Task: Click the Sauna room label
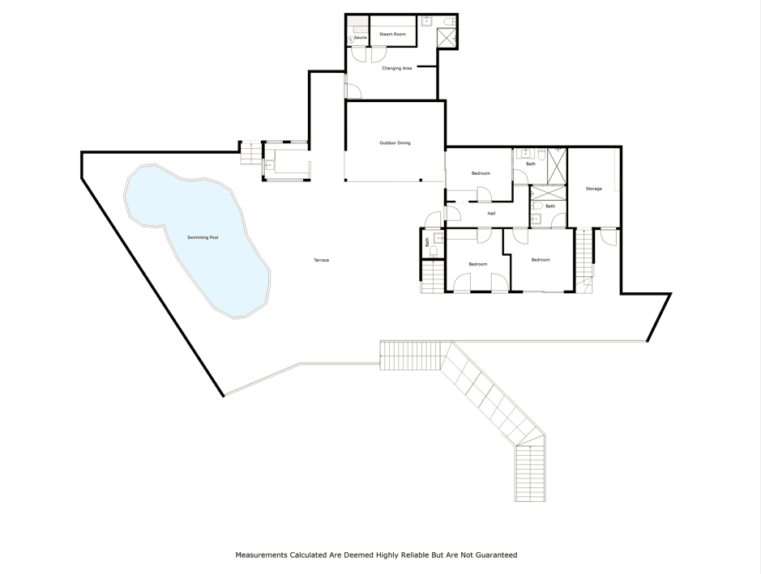point(360,37)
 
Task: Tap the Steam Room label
point(392,35)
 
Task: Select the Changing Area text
point(396,68)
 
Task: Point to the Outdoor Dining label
point(395,143)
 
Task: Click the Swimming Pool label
point(203,237)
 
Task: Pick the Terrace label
point(321,261)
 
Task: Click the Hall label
point(491,213)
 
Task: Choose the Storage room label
point(593,189)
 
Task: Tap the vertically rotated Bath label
point(427,241)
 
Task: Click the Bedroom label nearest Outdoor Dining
point(481,173)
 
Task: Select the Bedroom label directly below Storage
point(541,260)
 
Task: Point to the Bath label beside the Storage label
point(549,206)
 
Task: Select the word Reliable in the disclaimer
point(413,555)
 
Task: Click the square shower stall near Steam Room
point(447,38)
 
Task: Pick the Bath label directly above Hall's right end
point(531,164)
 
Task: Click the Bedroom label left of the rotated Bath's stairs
point(477,264)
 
